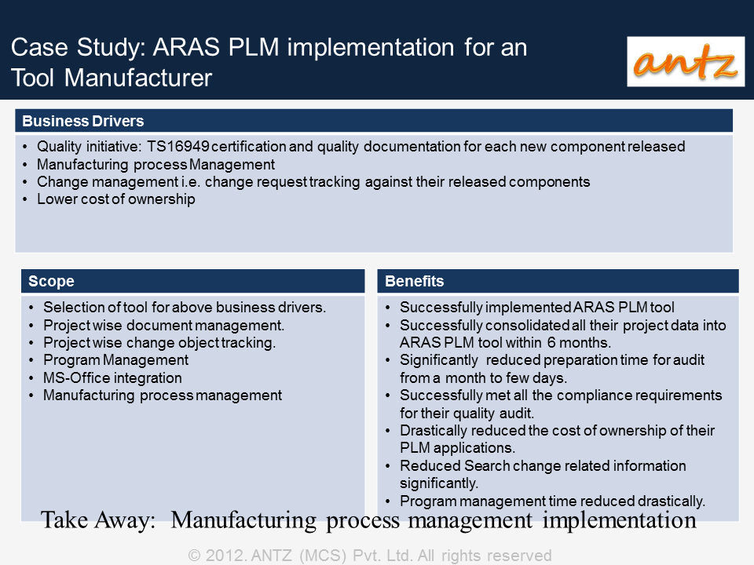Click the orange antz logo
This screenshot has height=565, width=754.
pyautogui.click(x=685, y=61)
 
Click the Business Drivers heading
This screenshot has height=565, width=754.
pyautogui.click(x=82, y=121)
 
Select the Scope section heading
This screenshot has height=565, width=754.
pyautogui.click(x=51, y=281)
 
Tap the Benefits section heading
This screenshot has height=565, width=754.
pyautogui.click(x=414, y=281)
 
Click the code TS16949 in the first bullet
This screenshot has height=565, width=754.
pyautogui.click(x=178, y=146)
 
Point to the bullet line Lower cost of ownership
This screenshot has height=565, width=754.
pyautogui.click(x=116, y=199)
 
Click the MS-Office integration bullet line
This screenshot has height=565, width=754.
pyautogui.click(x=112, y=377)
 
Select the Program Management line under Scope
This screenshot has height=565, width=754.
pyautogui.click(x=116, y=360)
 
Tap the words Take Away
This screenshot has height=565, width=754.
pyautogui.click(x=98, y=519)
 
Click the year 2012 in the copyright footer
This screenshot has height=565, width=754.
pyautogui.click(x=225, y=556)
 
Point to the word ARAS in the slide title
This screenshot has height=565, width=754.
pyautogui.click(x=186, y=48)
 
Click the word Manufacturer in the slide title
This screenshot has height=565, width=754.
pyautogui.click(x=138, y=78)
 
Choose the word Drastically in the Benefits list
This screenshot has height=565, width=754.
pyautogui.click(x=434, y=431)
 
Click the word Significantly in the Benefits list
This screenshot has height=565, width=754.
pyautogui.click(x=438, y=360)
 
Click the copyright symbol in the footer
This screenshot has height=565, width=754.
pyautogui.click(x=194, y=556)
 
